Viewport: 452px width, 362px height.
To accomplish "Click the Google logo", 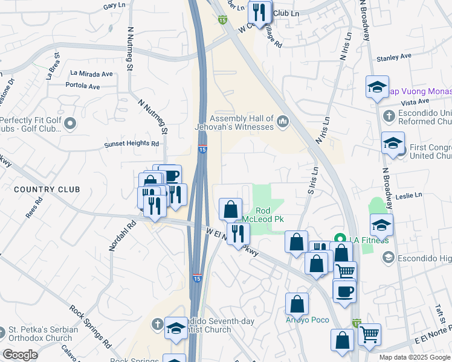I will click(20, 355).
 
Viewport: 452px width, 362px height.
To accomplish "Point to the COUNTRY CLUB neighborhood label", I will click(47, 189).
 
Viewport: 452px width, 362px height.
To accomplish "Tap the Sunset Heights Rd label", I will click(131, 144).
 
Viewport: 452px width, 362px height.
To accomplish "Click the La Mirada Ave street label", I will click(91, 74).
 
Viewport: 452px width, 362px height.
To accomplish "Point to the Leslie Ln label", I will click(409, 195).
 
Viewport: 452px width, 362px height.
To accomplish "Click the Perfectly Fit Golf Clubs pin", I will click(71, 125).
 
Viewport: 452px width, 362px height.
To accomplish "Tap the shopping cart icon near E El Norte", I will click(370, 334).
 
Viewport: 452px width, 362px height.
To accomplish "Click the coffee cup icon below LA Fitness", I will click(344, 291).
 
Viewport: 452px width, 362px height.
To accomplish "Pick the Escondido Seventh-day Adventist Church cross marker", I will click(158, 325).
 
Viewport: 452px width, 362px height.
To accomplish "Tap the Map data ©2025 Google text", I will click(414, 357).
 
